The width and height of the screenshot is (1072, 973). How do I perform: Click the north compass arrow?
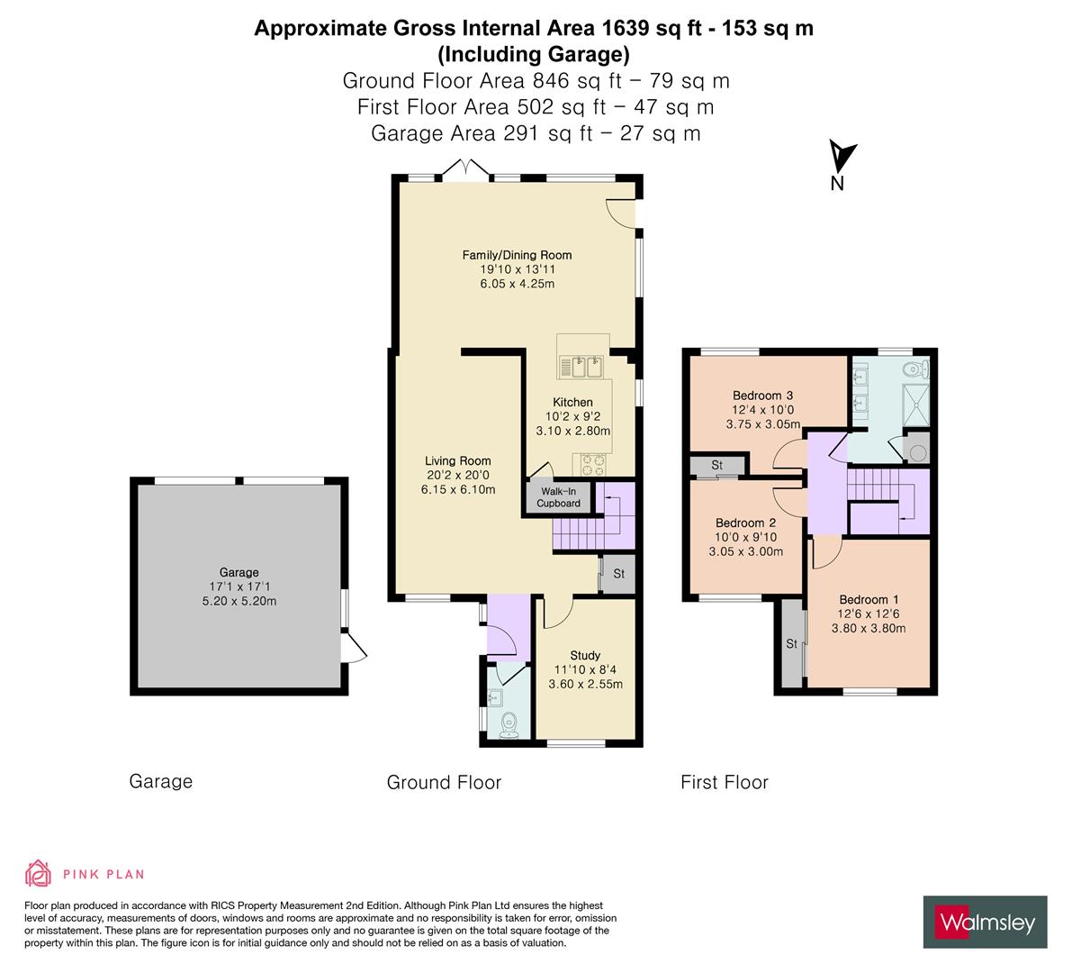pos(842,157)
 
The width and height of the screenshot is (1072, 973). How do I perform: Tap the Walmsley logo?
pos(986,922)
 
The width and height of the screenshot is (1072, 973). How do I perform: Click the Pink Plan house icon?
pos(38,873)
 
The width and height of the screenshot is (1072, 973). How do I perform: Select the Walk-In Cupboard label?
pos(558,497)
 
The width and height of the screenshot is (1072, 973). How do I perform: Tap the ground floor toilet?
pos(509,723)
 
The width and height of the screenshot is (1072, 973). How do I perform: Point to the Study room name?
pos(585,655)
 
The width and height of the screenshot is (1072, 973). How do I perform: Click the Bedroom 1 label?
pos(869,599)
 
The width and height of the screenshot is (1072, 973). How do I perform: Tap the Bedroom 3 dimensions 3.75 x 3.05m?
pos(762,424)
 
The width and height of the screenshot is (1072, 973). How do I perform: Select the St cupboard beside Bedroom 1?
pos(792,643)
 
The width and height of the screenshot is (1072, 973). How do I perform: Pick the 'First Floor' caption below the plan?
pos(724,782)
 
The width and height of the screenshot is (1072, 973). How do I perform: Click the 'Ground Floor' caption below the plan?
pos(444,782)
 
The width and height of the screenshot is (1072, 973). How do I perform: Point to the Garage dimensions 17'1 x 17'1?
pos(239,587)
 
